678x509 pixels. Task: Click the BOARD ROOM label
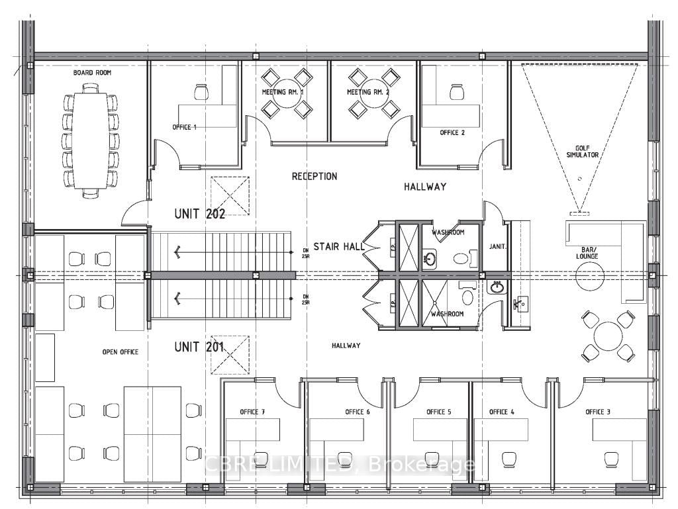92,72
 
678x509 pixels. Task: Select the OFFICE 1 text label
184,127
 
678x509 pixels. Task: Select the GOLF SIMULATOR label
587,151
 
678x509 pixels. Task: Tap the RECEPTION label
315,177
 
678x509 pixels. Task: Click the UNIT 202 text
199,214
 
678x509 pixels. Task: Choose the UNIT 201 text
199,346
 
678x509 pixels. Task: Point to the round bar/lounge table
589,275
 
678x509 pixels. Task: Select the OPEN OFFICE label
120,351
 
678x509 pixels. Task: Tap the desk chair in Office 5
426,458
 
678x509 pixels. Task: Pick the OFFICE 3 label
598,412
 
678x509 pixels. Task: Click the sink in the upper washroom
430,258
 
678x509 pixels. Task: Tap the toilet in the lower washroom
468,297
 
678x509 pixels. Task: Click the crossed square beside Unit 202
230,195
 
